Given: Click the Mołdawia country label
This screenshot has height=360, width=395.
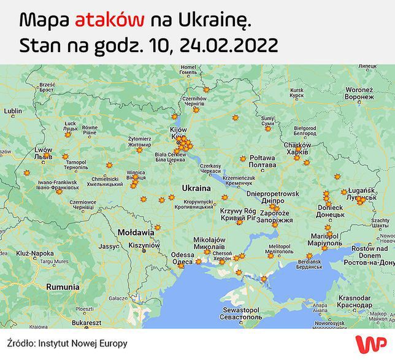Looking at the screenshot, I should coord(136,233).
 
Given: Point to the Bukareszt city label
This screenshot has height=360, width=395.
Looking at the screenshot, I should coord(85,322).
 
